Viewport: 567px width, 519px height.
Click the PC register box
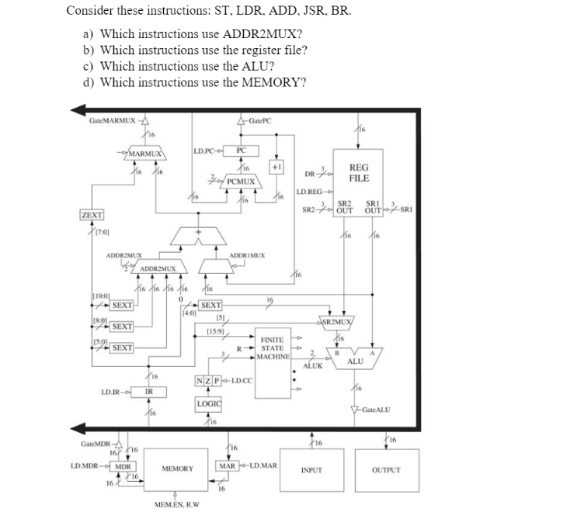pyautogui.click(x=241, y=150)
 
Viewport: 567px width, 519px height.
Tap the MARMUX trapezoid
pyautogui.click(x=145, y=154)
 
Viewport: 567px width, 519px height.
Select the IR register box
pyautogui.click(x=148, y=391)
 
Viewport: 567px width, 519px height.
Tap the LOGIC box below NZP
pyautogui.click(x=210, y=404)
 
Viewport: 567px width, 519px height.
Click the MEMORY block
pyautogui.click(x=177, y=469)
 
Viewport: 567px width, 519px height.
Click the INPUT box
pyautogui.click(x=311, y=470)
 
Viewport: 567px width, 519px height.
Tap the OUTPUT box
pyautogui.click(x=385, y=470)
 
